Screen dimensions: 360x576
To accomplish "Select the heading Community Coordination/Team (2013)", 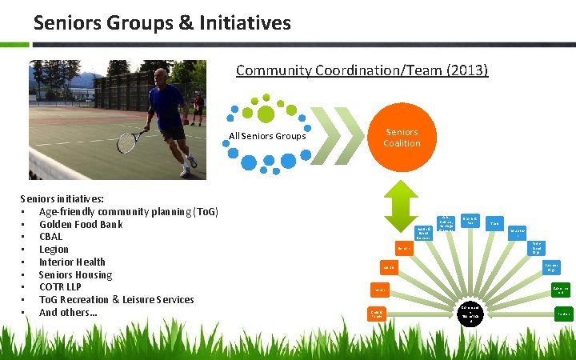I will [x=362, y=70].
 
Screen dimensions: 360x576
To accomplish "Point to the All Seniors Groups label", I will [x=267, y=136].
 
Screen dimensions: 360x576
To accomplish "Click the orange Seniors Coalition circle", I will [x=402, y=138].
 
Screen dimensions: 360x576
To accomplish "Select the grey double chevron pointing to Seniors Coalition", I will [x=340, y=137].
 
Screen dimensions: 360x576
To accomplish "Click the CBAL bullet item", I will [x=50, y=237].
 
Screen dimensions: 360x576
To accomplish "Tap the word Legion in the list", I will [x=54, y=250].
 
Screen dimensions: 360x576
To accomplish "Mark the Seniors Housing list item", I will [x=75, y=275].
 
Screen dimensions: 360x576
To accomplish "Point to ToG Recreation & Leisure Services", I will [x=116, y=300].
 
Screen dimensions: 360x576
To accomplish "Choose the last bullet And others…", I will [x=68, y=313].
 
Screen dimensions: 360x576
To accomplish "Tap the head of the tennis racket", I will [x=127, y=142].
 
